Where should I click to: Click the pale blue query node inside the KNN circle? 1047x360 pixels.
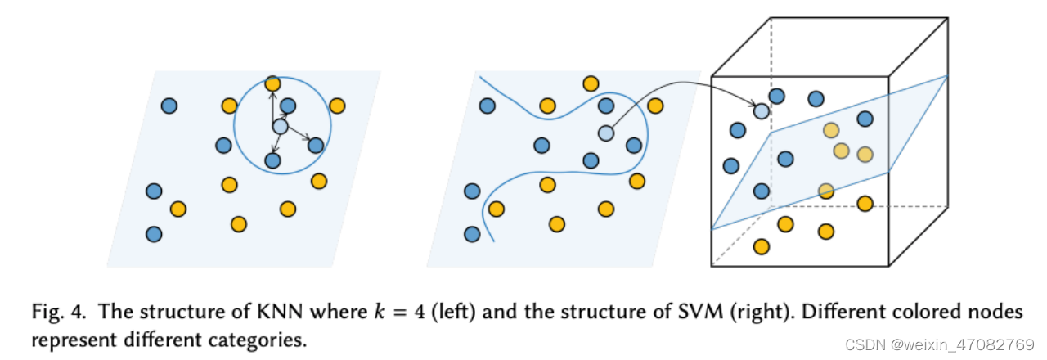coord(280,127)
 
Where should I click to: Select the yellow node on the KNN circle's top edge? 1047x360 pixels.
coord(273,83)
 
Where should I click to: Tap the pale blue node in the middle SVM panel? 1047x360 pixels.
coord(605,133)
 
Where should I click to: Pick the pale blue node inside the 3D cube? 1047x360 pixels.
coord(762,110)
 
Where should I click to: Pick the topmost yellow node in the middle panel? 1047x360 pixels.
coord(590,83)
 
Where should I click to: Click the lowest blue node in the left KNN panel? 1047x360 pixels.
coord(153,234)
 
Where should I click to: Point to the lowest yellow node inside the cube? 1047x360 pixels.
coord(761,245)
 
